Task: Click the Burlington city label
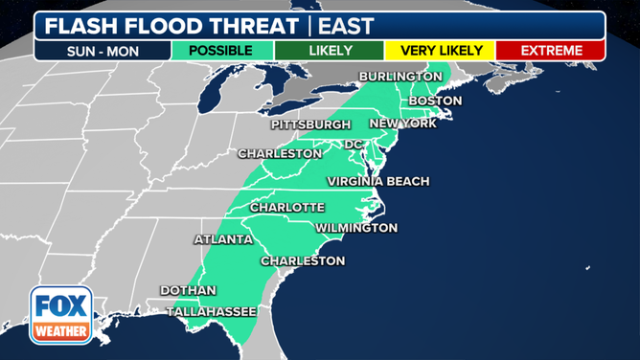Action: [x=400, y=77]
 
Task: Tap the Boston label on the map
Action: [x=435, y=101]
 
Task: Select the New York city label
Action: [x=402, y=124]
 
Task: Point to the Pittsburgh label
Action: [x=310, y=124]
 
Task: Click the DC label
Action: [x=354, y=145]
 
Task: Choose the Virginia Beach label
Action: [x=377, y=181]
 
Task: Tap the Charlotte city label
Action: [x=286, y=208]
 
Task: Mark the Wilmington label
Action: [x=355, y=228]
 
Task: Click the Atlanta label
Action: [x=223, y=239]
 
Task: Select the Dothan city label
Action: [x=188, y=290]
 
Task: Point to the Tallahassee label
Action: [x=211, y=311]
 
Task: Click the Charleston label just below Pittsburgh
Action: [x=280, y=153]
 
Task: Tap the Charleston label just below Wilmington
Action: [x=303, y=260]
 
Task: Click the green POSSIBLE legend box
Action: [x=220, y=50]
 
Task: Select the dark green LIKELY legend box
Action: [x=328, y=50]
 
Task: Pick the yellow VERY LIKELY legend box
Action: [x=441, y=50]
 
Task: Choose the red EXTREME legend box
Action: [x=551, y=50]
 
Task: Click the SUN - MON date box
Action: [x=102, y=50]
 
